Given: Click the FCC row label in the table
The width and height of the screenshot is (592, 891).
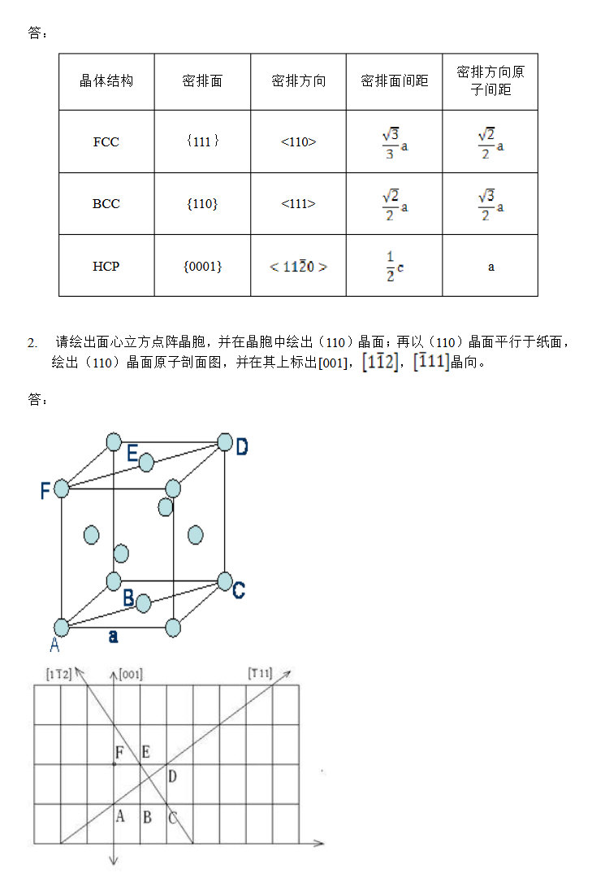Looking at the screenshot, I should click(106, 142).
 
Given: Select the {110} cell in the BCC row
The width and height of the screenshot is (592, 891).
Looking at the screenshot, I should click(202, 204).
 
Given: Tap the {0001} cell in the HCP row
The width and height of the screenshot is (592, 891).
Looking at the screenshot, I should click(202, 267).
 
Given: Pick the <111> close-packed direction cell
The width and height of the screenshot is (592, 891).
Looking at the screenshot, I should click(298, 204).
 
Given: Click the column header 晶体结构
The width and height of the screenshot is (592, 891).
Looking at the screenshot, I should click(106, 81).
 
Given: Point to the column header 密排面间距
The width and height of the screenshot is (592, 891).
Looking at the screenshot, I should click(394, 81).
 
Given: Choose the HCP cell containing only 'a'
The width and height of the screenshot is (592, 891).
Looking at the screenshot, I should click(490, 267).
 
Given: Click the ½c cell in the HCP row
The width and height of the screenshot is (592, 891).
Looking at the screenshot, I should click(395, 267).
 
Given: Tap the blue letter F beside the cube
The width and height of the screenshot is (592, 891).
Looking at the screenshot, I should click(45, 490).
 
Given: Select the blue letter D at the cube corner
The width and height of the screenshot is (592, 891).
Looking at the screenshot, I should click(242, 446).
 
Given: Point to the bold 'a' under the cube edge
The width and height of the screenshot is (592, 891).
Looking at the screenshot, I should click(114, 637).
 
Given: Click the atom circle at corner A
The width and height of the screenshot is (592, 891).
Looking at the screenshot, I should click(62, 628).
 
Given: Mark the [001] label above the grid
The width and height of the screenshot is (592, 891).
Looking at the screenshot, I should click(131, 675).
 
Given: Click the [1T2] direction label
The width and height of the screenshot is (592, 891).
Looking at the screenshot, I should click(59, 675).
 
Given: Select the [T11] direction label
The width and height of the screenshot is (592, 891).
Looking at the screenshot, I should click(260, 673).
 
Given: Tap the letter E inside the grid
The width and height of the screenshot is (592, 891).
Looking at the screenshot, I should click(146, 752).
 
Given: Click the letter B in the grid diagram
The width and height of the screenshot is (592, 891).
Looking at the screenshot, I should click(147, 817).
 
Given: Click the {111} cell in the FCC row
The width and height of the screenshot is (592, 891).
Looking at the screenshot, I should click(202, 142).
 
